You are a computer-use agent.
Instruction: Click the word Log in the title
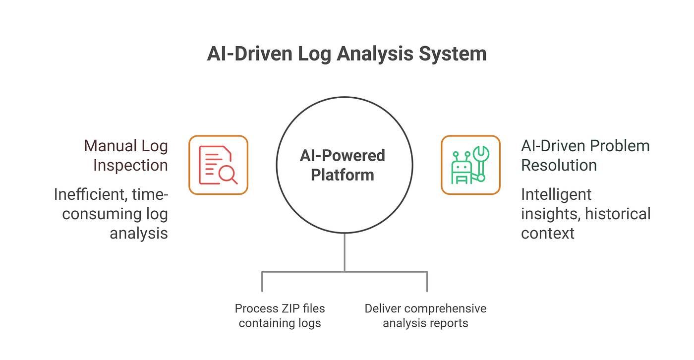point(314,54)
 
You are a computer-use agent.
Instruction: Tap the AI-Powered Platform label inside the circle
point(343,165)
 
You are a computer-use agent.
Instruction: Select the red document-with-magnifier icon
point(218,165)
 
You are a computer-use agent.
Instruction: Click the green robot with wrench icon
point(470,165)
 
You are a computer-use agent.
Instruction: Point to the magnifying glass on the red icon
point(228,174)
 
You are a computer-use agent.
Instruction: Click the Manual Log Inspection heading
point(126,155)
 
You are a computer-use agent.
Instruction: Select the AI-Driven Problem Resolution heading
point(585,155)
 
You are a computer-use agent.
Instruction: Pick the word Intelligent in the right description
point(556,194)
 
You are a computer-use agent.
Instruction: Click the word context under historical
point(547,233)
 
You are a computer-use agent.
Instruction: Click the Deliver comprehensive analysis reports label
point(425,316)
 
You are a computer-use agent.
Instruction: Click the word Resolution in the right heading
point(559,165)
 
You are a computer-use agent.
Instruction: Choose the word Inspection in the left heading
point(130,165)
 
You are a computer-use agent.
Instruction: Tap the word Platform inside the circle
point(343,175)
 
